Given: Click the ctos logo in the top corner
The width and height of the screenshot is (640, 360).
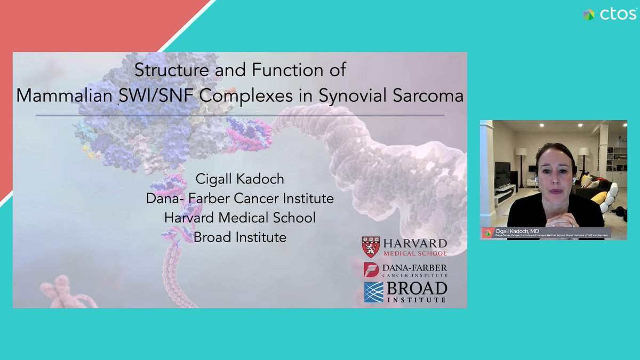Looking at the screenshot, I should pos(610,14).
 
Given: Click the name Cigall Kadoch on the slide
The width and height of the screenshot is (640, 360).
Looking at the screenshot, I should pos(239,179).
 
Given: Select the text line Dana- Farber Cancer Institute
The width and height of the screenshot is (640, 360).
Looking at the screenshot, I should pos(239,198).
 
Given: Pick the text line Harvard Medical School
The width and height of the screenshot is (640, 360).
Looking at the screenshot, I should pos(239,218).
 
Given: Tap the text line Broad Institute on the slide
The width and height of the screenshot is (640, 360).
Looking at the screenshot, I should pos(239,237).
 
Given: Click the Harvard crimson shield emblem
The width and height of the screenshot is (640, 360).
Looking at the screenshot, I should pos(372,246).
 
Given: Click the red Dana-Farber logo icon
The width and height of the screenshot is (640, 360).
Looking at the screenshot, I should pos(371,269).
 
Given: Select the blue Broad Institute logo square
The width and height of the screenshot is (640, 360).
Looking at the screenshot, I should pos(373,292).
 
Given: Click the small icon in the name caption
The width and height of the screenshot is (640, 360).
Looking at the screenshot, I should pos(487,233).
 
